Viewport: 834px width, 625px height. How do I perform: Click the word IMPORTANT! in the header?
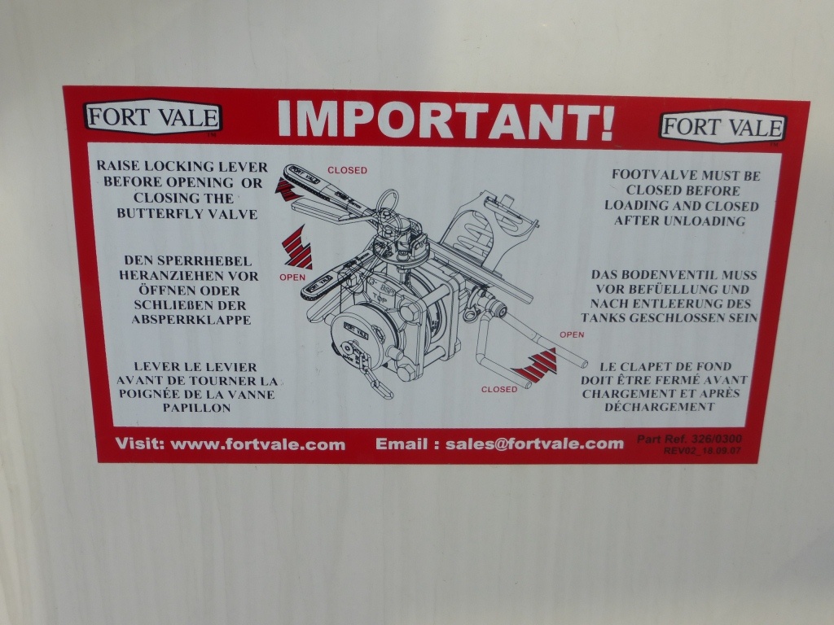click(446, 120)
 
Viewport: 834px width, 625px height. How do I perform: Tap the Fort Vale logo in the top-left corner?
click(152, 117)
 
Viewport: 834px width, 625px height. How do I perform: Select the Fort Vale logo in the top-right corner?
click(722, 127)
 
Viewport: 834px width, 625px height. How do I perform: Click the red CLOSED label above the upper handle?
click(347, 170)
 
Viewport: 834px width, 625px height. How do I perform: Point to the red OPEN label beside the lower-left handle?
click(292, 277)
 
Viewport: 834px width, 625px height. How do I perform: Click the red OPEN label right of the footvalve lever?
click(572, 334)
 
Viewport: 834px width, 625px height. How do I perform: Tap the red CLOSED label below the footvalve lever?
click(499, 389)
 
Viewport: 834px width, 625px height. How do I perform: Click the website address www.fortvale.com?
click(258, 444)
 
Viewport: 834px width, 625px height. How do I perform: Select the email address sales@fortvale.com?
click(534, 444)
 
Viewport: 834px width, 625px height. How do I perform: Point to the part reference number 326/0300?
click(717, 439)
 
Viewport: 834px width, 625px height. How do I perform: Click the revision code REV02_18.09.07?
click(702, 451)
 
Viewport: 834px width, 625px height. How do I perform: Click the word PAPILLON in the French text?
click(197, 409)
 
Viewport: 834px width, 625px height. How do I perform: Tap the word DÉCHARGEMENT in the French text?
click(660, 407)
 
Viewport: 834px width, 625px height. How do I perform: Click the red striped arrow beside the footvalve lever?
click(534, 365)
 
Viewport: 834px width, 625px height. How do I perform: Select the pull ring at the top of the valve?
click(387, 201)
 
